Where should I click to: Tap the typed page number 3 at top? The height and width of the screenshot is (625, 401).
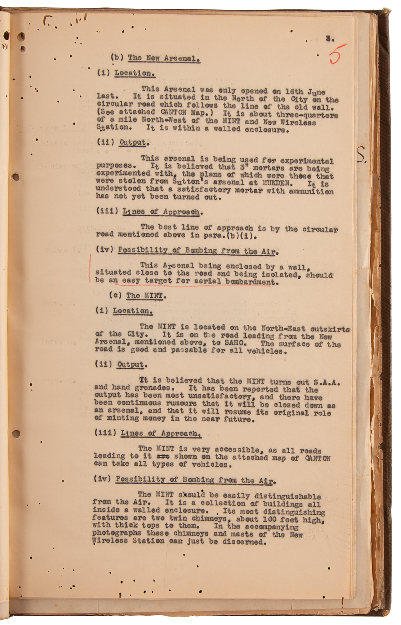(x=329, y=39)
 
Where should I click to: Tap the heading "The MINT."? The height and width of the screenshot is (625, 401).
(x=144, y=295)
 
